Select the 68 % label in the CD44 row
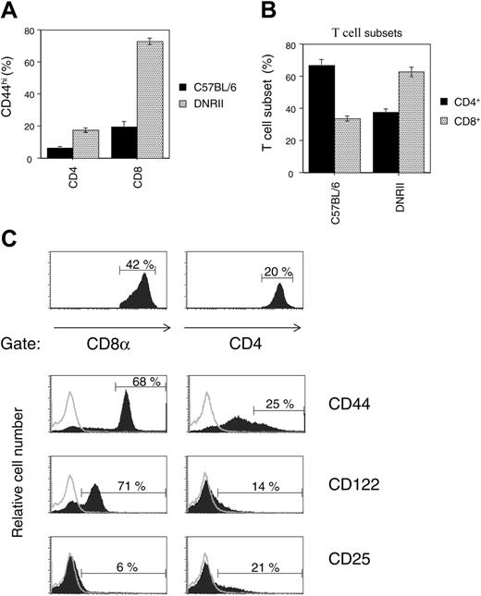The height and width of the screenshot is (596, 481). (140, 383)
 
